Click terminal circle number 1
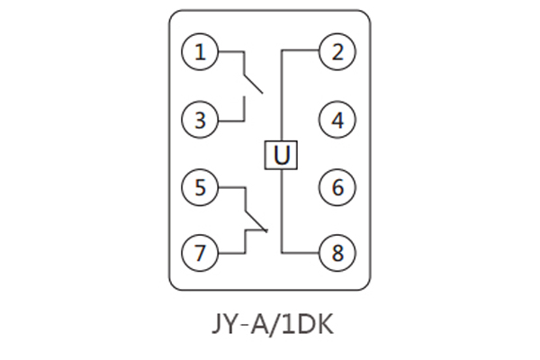click(200, 51)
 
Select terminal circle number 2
click(337, 51)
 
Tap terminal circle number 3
click(200, 120)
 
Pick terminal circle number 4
click(337, 120)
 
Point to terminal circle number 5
click(200, 187)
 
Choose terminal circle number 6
click(337, 187)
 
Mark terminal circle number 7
click(200, 253)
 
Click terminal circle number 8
click(337, 253)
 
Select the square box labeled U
click(281, 155)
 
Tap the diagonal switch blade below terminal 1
click(254, 84)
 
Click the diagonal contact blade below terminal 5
click(256, 220)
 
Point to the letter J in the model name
click(218, 324)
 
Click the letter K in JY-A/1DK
click(326, 323)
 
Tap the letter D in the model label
click(305, 323)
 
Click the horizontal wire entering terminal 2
click(301, 50)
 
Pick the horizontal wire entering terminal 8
click(301, 253)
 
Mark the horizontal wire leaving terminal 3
click(231, 121)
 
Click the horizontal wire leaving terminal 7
click(232, 253)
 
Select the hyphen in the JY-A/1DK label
click(244, 325)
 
